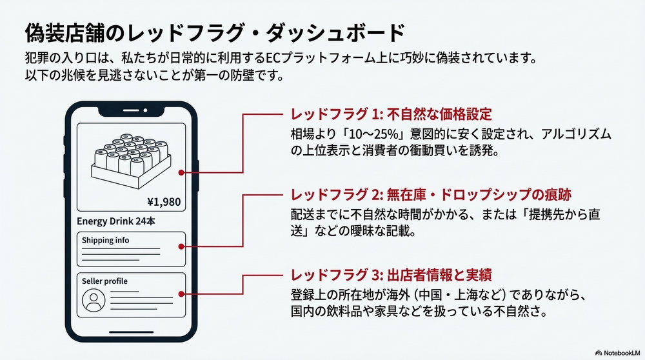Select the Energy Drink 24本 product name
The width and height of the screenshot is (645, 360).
pos(117,221)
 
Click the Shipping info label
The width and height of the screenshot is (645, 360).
pos(105,240)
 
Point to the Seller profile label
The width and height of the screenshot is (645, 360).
pos(104,281)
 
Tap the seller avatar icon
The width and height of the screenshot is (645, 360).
pos(95,301)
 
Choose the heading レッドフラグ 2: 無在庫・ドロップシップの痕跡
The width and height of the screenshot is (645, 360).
pos(432,194)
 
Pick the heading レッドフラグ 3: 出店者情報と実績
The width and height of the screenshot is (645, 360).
pos(391,275)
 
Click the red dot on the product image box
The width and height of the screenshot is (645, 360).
pos(185,172)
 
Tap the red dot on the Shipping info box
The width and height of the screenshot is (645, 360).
pos(185,247)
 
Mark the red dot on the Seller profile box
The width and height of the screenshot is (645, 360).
pos(185,293)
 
